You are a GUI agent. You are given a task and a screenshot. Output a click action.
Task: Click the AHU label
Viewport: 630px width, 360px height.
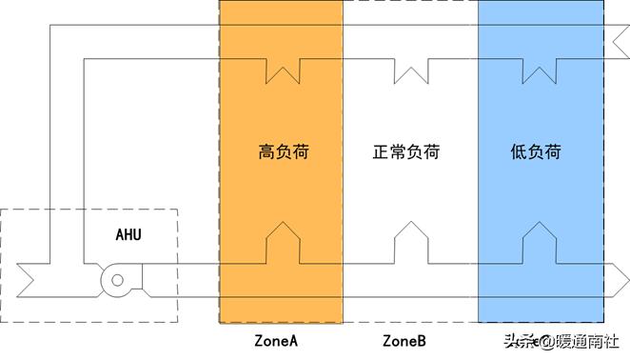pos(130,233)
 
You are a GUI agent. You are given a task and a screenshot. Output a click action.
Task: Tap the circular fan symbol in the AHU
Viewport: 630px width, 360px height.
pos(116,279)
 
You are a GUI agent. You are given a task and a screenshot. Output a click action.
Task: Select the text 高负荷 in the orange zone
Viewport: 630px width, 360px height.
pos(283,151)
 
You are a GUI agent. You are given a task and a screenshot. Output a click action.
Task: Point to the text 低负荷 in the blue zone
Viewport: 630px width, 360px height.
pos(535,151)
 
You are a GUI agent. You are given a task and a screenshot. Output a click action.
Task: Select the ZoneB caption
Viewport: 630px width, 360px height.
pos(404,340)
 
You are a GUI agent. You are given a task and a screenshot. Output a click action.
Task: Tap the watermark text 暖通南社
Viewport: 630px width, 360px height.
pos(586,340)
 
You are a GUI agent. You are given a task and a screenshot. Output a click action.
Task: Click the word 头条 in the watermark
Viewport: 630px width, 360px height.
pos(515,340)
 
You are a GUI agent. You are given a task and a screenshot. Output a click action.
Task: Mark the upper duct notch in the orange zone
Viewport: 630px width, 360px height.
pos(283,70)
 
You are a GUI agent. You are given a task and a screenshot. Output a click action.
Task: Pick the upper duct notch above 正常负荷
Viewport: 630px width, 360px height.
pos(409,70)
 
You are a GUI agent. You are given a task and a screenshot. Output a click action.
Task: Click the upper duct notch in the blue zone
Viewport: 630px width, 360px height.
pos(539,70)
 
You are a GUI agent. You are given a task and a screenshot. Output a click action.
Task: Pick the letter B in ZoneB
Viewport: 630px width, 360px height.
pos(421,340)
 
